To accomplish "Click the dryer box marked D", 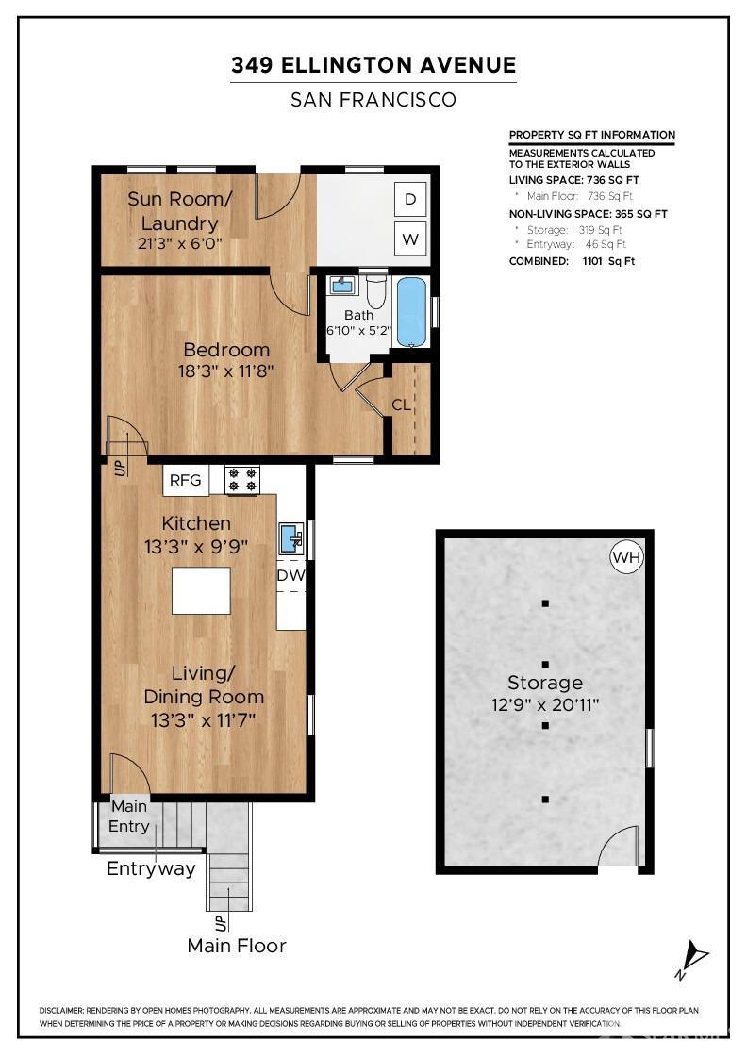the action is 410,199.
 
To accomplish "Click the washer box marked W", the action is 410,239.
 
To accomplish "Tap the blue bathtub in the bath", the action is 411,312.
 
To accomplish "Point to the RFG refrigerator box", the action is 185,480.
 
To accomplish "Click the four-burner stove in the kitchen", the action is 242,480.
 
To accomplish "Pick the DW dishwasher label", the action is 291,576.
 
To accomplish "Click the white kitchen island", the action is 201,590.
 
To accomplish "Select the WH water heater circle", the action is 626,557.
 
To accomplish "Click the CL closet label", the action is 402,404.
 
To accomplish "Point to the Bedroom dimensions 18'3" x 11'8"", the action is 225,371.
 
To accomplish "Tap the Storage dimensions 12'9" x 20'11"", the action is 545,705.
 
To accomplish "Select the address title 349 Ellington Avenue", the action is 373,65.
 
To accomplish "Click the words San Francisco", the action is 373,100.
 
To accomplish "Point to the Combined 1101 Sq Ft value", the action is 609,261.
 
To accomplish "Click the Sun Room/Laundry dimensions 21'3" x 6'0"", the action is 180,243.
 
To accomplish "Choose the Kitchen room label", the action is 196,523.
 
